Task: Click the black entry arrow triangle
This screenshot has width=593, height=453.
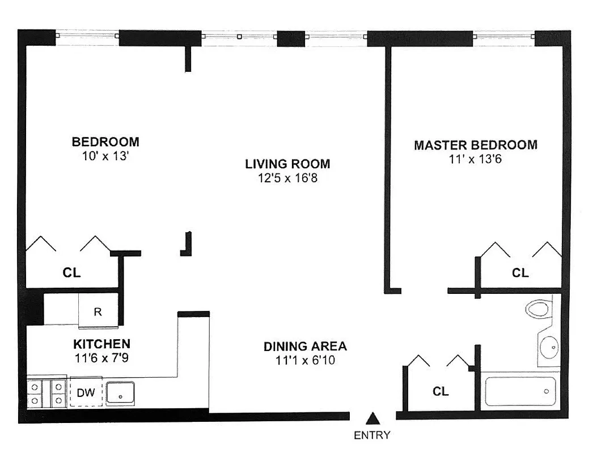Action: coord(372,418)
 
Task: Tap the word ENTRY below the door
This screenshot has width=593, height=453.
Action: coord(372,435)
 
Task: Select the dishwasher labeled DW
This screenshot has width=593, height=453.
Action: coord(86,392)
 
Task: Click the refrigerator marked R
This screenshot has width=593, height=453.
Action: coord(98,311)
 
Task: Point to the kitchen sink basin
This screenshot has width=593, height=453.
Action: coord(120,393)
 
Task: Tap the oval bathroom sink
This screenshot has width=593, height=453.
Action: coord(548,347)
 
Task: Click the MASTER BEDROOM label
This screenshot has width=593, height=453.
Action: coord(475,145)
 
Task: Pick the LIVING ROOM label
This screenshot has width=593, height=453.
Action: coord(287,164)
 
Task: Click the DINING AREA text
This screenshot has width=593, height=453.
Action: coord(305,346)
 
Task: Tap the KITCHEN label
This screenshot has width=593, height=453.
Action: coord(102,344)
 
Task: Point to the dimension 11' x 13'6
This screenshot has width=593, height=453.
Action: coord(475,159)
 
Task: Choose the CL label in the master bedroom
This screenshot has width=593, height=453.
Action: coord(520,273)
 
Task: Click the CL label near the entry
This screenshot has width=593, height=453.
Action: coord(440,391)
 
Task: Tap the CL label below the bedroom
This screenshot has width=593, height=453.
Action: coord(71,273)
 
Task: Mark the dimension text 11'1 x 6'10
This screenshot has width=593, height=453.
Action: coord(305,360)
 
